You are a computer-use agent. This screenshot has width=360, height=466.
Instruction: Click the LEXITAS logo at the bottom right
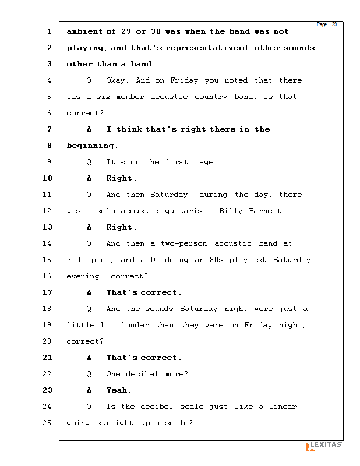coord(324,446)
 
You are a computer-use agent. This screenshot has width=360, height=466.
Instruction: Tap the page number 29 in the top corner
coord(334,24)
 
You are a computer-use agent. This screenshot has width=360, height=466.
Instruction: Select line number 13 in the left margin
coord(47,227)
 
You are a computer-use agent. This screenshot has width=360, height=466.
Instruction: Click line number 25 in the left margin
coord(47,423)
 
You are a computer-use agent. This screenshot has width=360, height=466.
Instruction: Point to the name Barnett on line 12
coord(266,211)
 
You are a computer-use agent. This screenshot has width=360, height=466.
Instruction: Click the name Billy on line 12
coord(231,211)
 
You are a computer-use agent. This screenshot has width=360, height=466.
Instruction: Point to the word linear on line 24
coord(283,407)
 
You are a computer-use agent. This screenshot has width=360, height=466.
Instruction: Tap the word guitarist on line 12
coord(187,211)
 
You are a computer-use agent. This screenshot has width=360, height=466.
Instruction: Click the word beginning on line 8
coord(92,146)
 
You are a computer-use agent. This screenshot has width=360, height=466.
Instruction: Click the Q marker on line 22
coord(89,374)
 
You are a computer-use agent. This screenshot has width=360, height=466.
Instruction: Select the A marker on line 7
coord(89,129)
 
